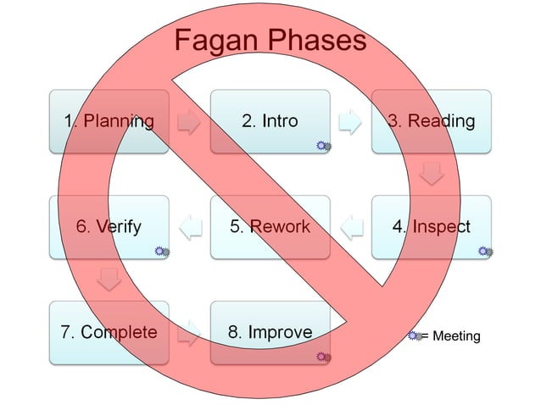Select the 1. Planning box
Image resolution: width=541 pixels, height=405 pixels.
click(x=109, y=121)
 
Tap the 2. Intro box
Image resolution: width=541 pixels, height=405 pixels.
click(x=270, y=121)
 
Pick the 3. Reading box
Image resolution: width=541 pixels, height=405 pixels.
click(x=431, y=121)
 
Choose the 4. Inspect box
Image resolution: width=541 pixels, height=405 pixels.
click(x=431, y=227)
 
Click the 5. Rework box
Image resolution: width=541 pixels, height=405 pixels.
click(x=270, y=227)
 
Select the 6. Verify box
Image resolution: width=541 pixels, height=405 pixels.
click(x=109, y=227)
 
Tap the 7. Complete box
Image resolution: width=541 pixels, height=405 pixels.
click(x=109, y=332)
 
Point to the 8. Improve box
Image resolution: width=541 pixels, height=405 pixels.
click(x=270, y=332)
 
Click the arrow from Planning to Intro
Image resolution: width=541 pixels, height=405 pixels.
click(x=189, y=123)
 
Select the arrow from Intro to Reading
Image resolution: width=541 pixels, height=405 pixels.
click(x=350, y=123)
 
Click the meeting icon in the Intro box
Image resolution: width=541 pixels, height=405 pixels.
click(x=323, y=147)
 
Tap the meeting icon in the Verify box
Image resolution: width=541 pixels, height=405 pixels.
click(x=162, y=252)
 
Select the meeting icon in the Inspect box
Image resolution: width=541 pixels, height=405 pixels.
click(x=485, y=252)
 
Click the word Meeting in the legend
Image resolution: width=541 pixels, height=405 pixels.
click(x=456, y=336)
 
